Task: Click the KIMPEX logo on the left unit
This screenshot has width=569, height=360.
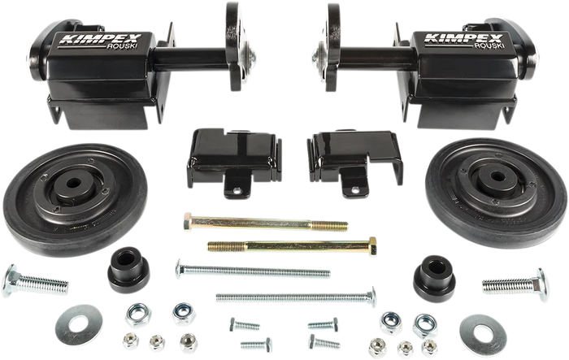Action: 100,38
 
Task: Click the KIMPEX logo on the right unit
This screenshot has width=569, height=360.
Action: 464,38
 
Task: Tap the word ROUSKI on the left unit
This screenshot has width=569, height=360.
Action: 122,46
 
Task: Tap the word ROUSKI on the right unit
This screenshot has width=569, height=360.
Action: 489,46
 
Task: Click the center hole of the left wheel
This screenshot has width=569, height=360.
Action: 74,183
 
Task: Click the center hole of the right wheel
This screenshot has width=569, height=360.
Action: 497,176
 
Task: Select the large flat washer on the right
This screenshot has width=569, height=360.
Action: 483,336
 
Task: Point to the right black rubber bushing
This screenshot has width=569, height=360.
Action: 434,276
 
